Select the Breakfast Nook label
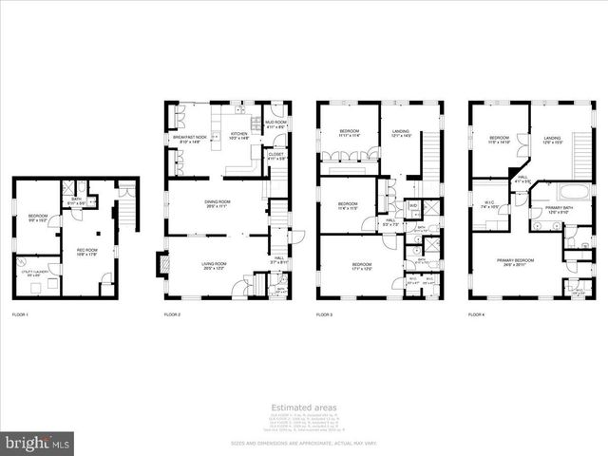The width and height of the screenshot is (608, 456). point(188,139)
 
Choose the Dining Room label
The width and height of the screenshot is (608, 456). point(218,203)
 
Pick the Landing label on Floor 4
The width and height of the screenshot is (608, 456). point(551,140)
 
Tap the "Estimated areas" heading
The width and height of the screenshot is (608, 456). point(304,408)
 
